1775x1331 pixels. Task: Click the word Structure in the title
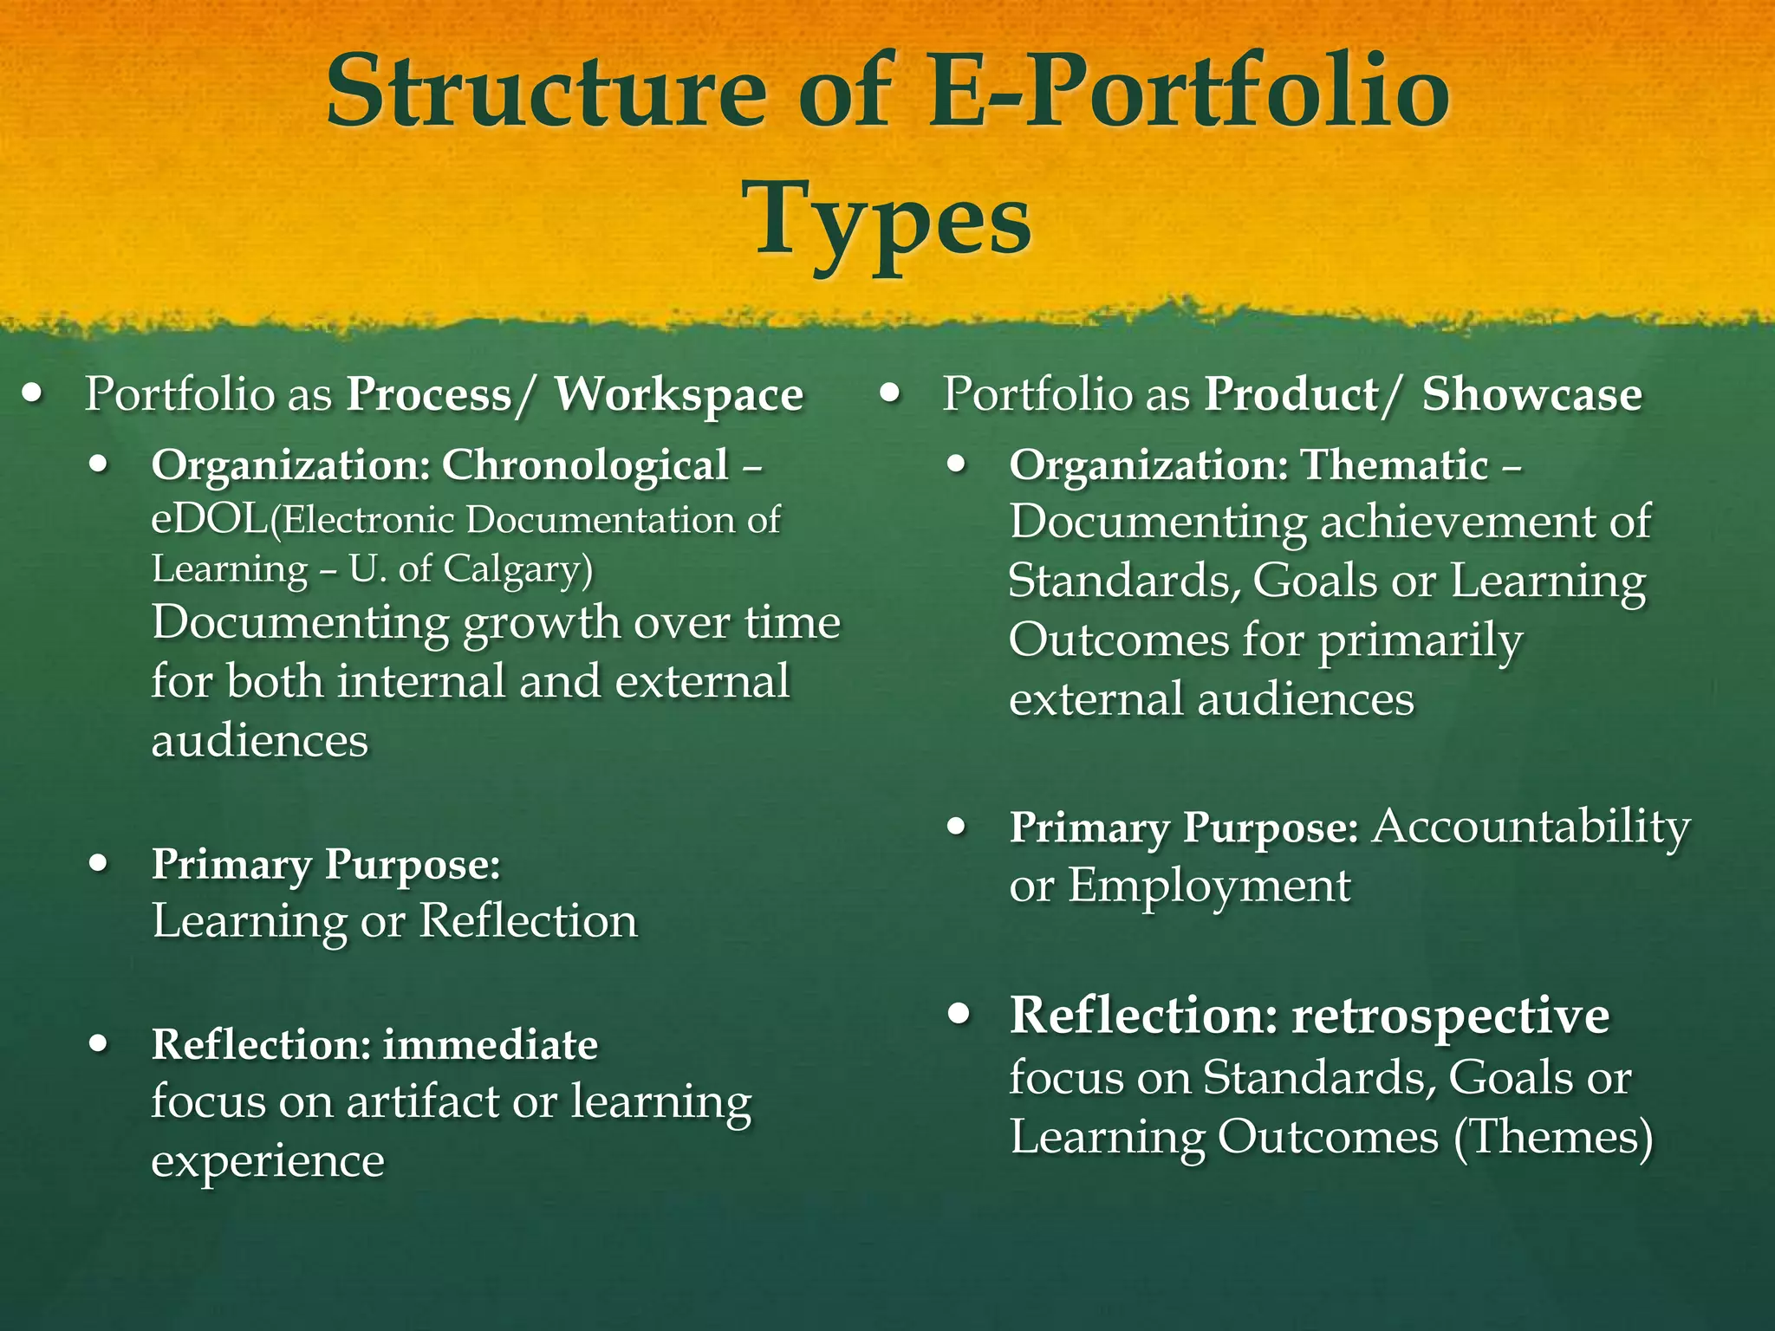[546, 92]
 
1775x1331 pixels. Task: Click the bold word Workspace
[679, 395]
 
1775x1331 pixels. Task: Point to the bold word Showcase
[1531, 395]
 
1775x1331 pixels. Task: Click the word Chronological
[585, 465]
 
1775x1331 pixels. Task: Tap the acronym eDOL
[209, 521]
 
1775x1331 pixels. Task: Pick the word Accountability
[1531, 827]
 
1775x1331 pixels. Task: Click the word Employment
[1208, 886]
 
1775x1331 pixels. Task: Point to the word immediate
[491, 1045]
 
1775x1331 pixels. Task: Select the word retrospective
[1450, 1016]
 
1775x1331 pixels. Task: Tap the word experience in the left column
[268, 1161]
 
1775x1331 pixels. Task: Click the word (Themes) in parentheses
[1552, 1137]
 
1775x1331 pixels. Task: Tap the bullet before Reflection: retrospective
[958, 1015]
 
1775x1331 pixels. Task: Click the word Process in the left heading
[429, 395]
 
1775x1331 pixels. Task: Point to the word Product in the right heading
[1291, 395]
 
